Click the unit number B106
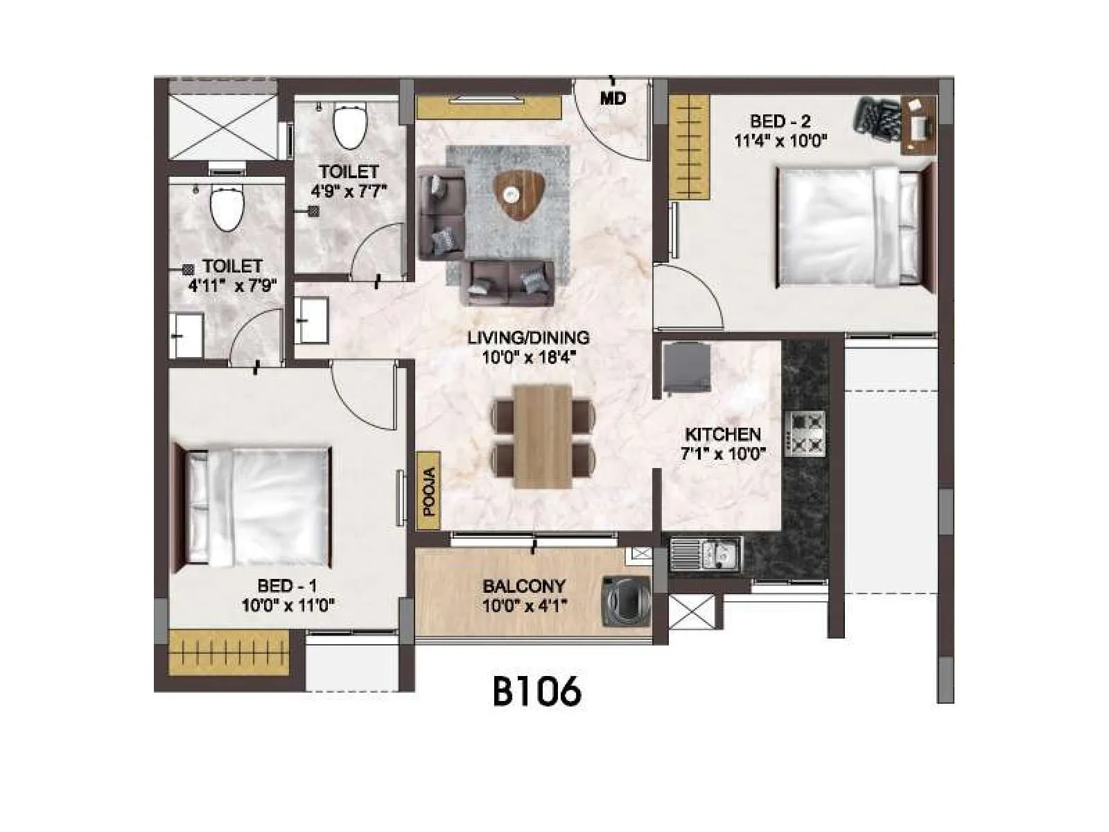536,691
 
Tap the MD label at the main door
613,98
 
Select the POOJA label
429,492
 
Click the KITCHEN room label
723,435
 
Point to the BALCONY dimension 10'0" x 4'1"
525,605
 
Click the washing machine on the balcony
625,600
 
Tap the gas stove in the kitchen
805,433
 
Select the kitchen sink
705,554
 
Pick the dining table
543,436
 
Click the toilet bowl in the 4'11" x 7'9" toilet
227,208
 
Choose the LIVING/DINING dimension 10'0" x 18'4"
529,358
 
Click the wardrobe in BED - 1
229,652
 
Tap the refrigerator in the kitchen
687,368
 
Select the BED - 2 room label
780,121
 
